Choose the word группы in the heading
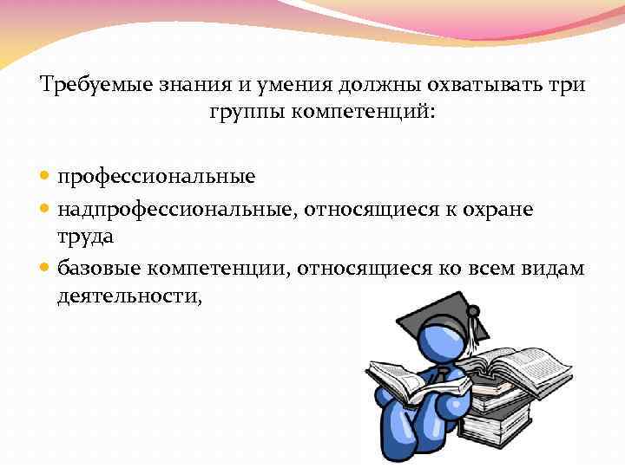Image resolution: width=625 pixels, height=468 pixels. (241, 114)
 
